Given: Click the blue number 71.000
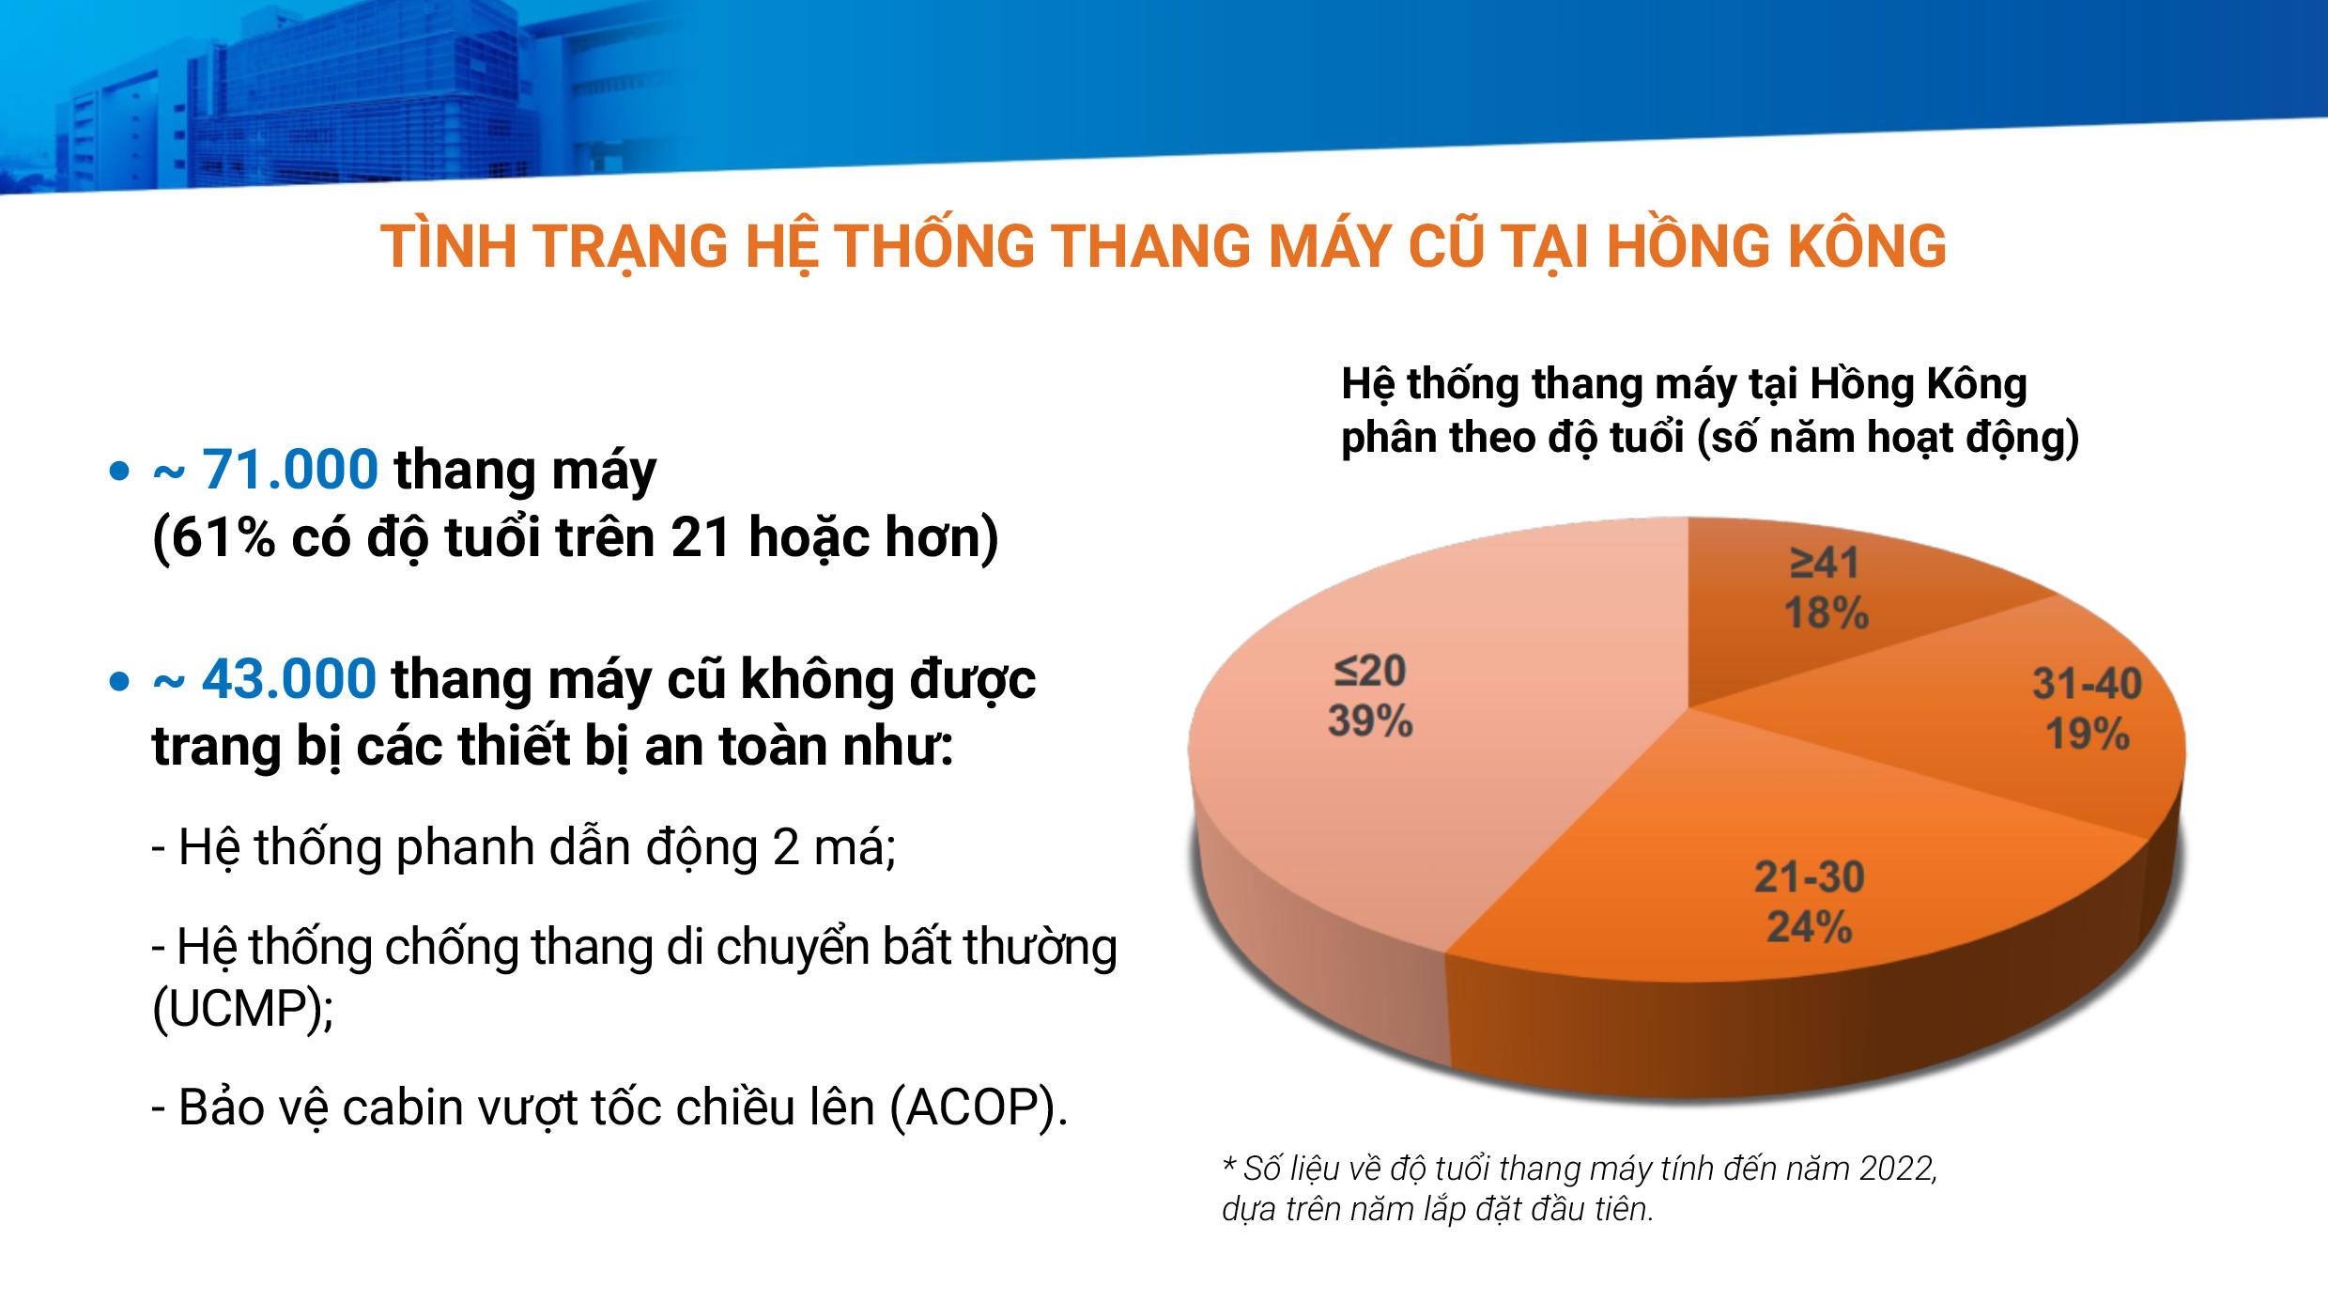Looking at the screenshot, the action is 290,470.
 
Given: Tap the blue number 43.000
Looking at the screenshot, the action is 289,679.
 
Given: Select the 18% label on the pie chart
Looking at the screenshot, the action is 1827,613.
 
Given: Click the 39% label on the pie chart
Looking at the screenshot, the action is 1370,721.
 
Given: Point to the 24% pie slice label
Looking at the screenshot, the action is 1810,927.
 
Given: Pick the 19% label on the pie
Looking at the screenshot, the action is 2088,734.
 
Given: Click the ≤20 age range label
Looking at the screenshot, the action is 1370,671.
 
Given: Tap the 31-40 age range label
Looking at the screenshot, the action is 2088,683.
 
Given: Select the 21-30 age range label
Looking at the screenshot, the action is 1810,876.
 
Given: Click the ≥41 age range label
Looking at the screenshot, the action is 1825,563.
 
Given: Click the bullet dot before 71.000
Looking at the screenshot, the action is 119,471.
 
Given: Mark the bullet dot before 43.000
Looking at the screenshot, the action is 119,681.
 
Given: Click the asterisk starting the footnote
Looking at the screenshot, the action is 1229,1165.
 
